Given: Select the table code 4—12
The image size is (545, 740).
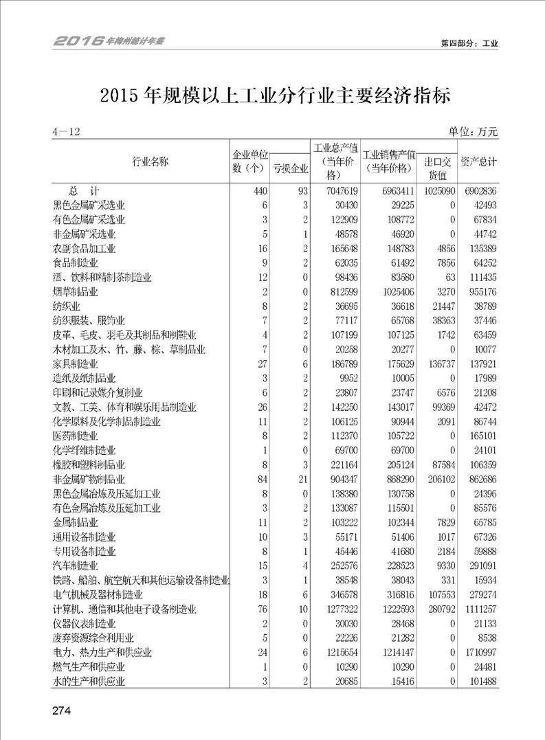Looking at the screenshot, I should click(66, 133).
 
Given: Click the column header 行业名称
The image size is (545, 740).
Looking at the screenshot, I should click(150, 161).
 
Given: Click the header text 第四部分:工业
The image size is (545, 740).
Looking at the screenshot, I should click(469, 43).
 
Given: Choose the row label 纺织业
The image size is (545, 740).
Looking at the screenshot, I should click(67, 306).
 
